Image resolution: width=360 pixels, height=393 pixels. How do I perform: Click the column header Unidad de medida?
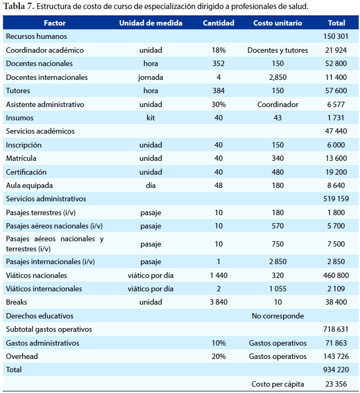(151, 23)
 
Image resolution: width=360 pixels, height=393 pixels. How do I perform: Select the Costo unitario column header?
(277, 23)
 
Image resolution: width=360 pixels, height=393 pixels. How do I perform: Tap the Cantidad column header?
(218, 23)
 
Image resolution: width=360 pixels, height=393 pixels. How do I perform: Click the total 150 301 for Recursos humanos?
(336, 36)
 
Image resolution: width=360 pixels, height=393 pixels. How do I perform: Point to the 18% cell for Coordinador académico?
(218, 50)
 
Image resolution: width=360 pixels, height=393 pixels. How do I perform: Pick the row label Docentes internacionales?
(47, 77)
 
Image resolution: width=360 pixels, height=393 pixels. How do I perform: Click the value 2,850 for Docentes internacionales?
(278, 77)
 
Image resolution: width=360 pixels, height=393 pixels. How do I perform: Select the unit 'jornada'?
(151, 77)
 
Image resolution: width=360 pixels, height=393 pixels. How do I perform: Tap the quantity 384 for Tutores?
(218, 91)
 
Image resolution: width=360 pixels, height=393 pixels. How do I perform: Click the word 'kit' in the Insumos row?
(151, 118)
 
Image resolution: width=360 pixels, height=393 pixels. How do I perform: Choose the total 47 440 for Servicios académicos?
(336, 131)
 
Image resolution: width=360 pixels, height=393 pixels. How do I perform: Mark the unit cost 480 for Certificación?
(278, 172)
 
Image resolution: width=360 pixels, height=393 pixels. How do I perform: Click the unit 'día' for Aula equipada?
(151, 185)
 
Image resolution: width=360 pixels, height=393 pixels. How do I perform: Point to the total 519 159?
(336, 199)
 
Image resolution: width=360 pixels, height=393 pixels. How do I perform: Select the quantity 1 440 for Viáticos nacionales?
(218, 275)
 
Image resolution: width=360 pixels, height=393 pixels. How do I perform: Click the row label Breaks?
(17, 302)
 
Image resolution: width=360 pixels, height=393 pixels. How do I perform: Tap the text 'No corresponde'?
(278, 316)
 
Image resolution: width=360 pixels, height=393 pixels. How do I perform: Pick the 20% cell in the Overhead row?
(218, 356)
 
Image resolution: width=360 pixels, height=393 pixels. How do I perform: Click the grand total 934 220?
(336, 370)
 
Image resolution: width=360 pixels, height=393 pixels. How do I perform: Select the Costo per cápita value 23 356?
(336, 384)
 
